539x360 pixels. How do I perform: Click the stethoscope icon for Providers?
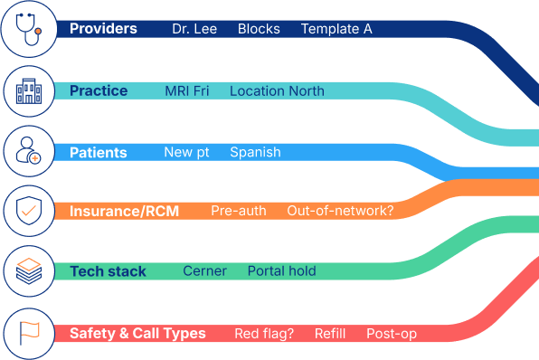coord(29,30)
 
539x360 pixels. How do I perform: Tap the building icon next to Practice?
coord(29,90)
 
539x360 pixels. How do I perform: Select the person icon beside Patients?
coord(29,151)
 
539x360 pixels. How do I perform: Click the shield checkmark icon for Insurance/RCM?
coord(29,212)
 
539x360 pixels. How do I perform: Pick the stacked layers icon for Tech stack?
coord(29,271)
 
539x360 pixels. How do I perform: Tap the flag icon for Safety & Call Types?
coord(29,333)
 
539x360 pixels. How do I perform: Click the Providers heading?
coord(103,29)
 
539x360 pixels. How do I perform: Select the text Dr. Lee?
coord(194,29)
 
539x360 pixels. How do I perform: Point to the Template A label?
coord(336,29)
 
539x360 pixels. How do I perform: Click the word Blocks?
coord(259,29)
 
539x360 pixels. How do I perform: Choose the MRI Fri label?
coord(187,91)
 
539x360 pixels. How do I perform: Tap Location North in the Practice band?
coord(277,91)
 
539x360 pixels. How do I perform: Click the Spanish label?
coord(255,152)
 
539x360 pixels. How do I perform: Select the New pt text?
coord(186,152)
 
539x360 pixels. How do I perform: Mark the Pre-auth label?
coord(239,211)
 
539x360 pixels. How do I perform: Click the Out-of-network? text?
coord(340,211)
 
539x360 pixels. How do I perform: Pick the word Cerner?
coord(204,271)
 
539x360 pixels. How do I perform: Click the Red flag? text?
coord(264,334)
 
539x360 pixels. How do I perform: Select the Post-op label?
coord(392,334)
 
